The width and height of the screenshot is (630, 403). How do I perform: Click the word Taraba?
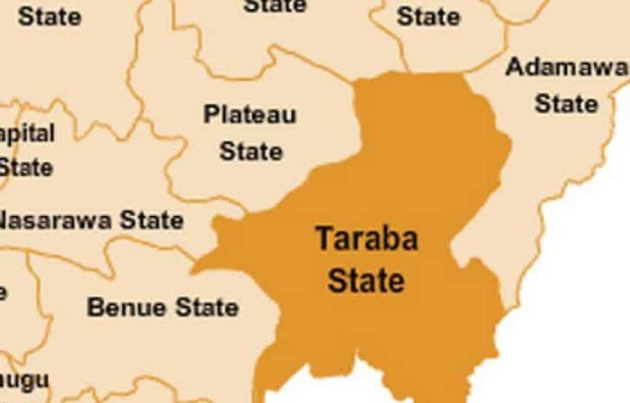[367, 239]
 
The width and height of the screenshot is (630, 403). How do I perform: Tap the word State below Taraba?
[366, 280]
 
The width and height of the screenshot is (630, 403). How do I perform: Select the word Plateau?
[250, 115]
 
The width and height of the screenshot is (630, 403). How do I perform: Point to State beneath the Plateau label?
[251, 151]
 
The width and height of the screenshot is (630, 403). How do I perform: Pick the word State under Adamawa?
[566, 104]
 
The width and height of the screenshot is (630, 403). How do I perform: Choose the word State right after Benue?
[206, 307]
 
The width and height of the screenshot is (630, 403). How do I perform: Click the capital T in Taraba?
[324, 239]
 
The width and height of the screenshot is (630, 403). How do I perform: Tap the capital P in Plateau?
[211, 115]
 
